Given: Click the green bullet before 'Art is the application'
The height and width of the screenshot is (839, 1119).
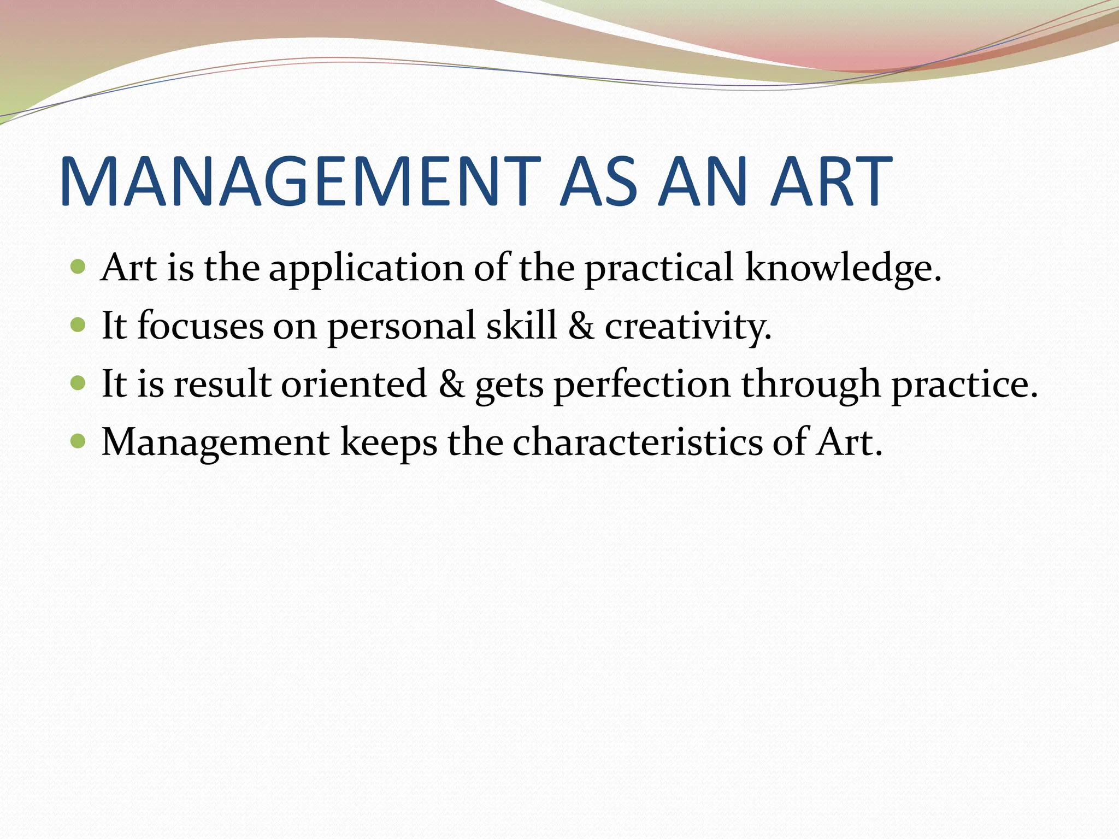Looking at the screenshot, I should coord(79,267).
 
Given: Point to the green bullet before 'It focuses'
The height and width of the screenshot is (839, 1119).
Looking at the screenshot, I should coord(79,326).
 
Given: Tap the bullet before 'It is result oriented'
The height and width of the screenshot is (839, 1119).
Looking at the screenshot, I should coord(79,383).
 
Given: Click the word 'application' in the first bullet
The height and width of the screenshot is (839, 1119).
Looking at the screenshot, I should coord(366,269).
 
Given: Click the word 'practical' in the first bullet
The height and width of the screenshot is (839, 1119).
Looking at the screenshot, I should coord(658,269).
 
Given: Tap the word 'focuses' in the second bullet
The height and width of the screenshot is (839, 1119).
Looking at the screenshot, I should coord(200,326).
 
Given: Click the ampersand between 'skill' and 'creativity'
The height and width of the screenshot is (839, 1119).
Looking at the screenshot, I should coord(581,326).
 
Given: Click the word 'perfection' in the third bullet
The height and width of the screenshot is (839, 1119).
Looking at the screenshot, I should coord(642,385).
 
